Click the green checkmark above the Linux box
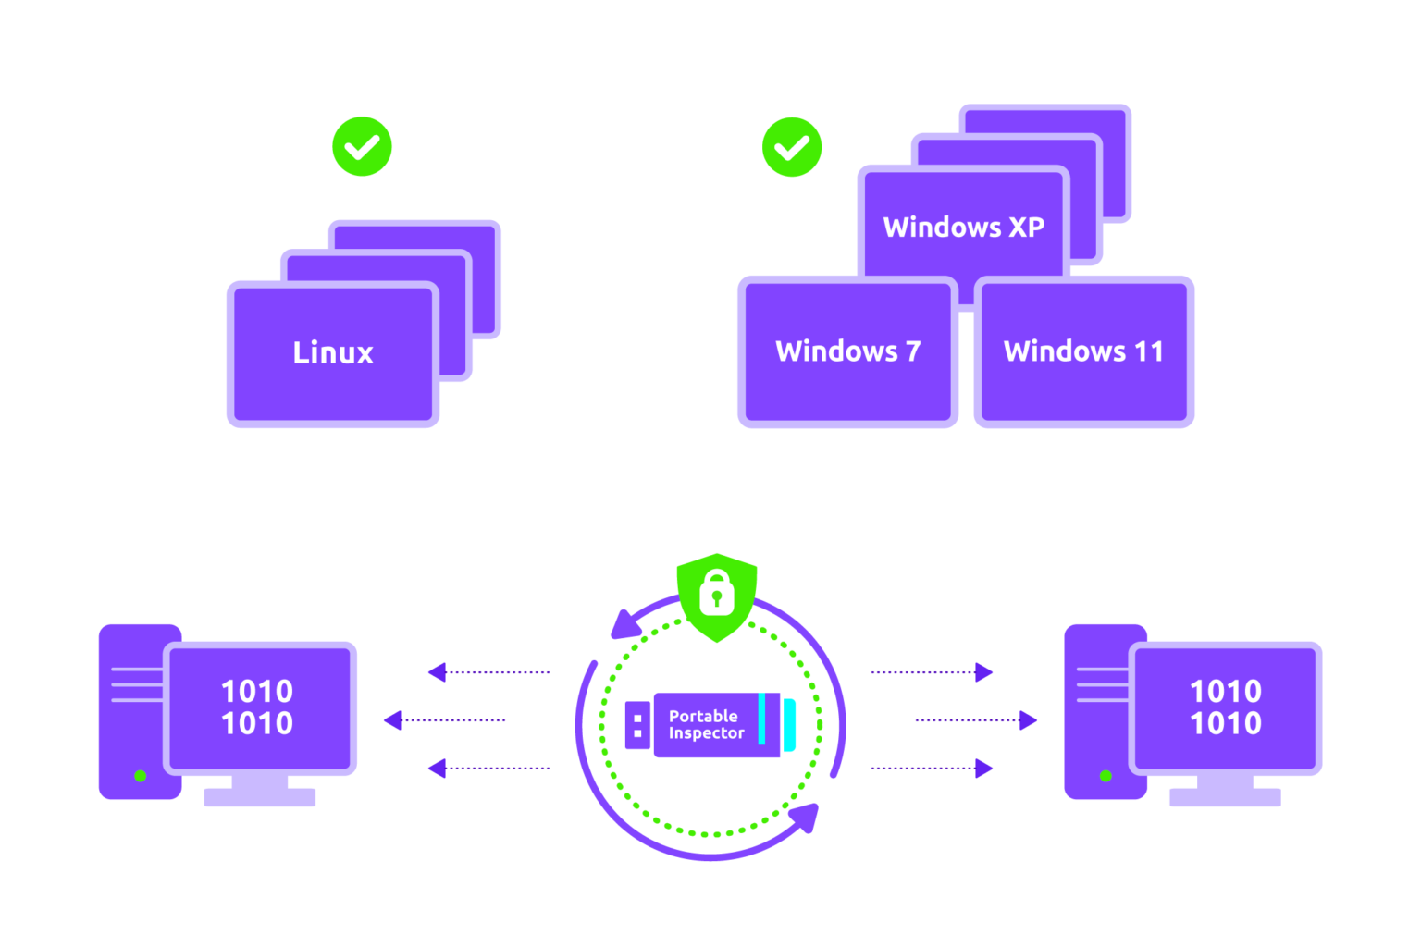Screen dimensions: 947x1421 click(363, 146)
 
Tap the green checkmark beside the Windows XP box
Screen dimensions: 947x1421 click(792, 146)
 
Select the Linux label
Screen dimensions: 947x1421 click(333, 352)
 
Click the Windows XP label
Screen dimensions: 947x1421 click(963, 227)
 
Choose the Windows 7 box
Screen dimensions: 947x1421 click(847, 351)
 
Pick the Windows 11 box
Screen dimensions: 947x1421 click(1083, 351)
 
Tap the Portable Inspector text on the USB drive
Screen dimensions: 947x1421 click(705, 724)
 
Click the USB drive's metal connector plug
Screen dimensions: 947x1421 click(637, 725)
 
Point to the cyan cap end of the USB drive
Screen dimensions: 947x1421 click(789, 725)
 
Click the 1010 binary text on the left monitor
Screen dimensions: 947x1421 click(257, 707)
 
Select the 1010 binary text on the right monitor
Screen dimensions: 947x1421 click(1226, 707)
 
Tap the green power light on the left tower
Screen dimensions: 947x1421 click(141, 776)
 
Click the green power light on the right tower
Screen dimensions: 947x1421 click(1106, 776)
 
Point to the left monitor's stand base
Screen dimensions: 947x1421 click(260, 796)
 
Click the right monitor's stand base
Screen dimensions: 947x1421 click(1225, 796)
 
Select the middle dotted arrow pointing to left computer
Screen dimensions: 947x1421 click(445, 720)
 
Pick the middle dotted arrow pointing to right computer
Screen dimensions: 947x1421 click(976, 720)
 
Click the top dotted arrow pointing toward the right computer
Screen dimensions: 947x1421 click(933, 672)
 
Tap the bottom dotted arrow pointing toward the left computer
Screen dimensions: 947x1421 click(488, 769)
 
